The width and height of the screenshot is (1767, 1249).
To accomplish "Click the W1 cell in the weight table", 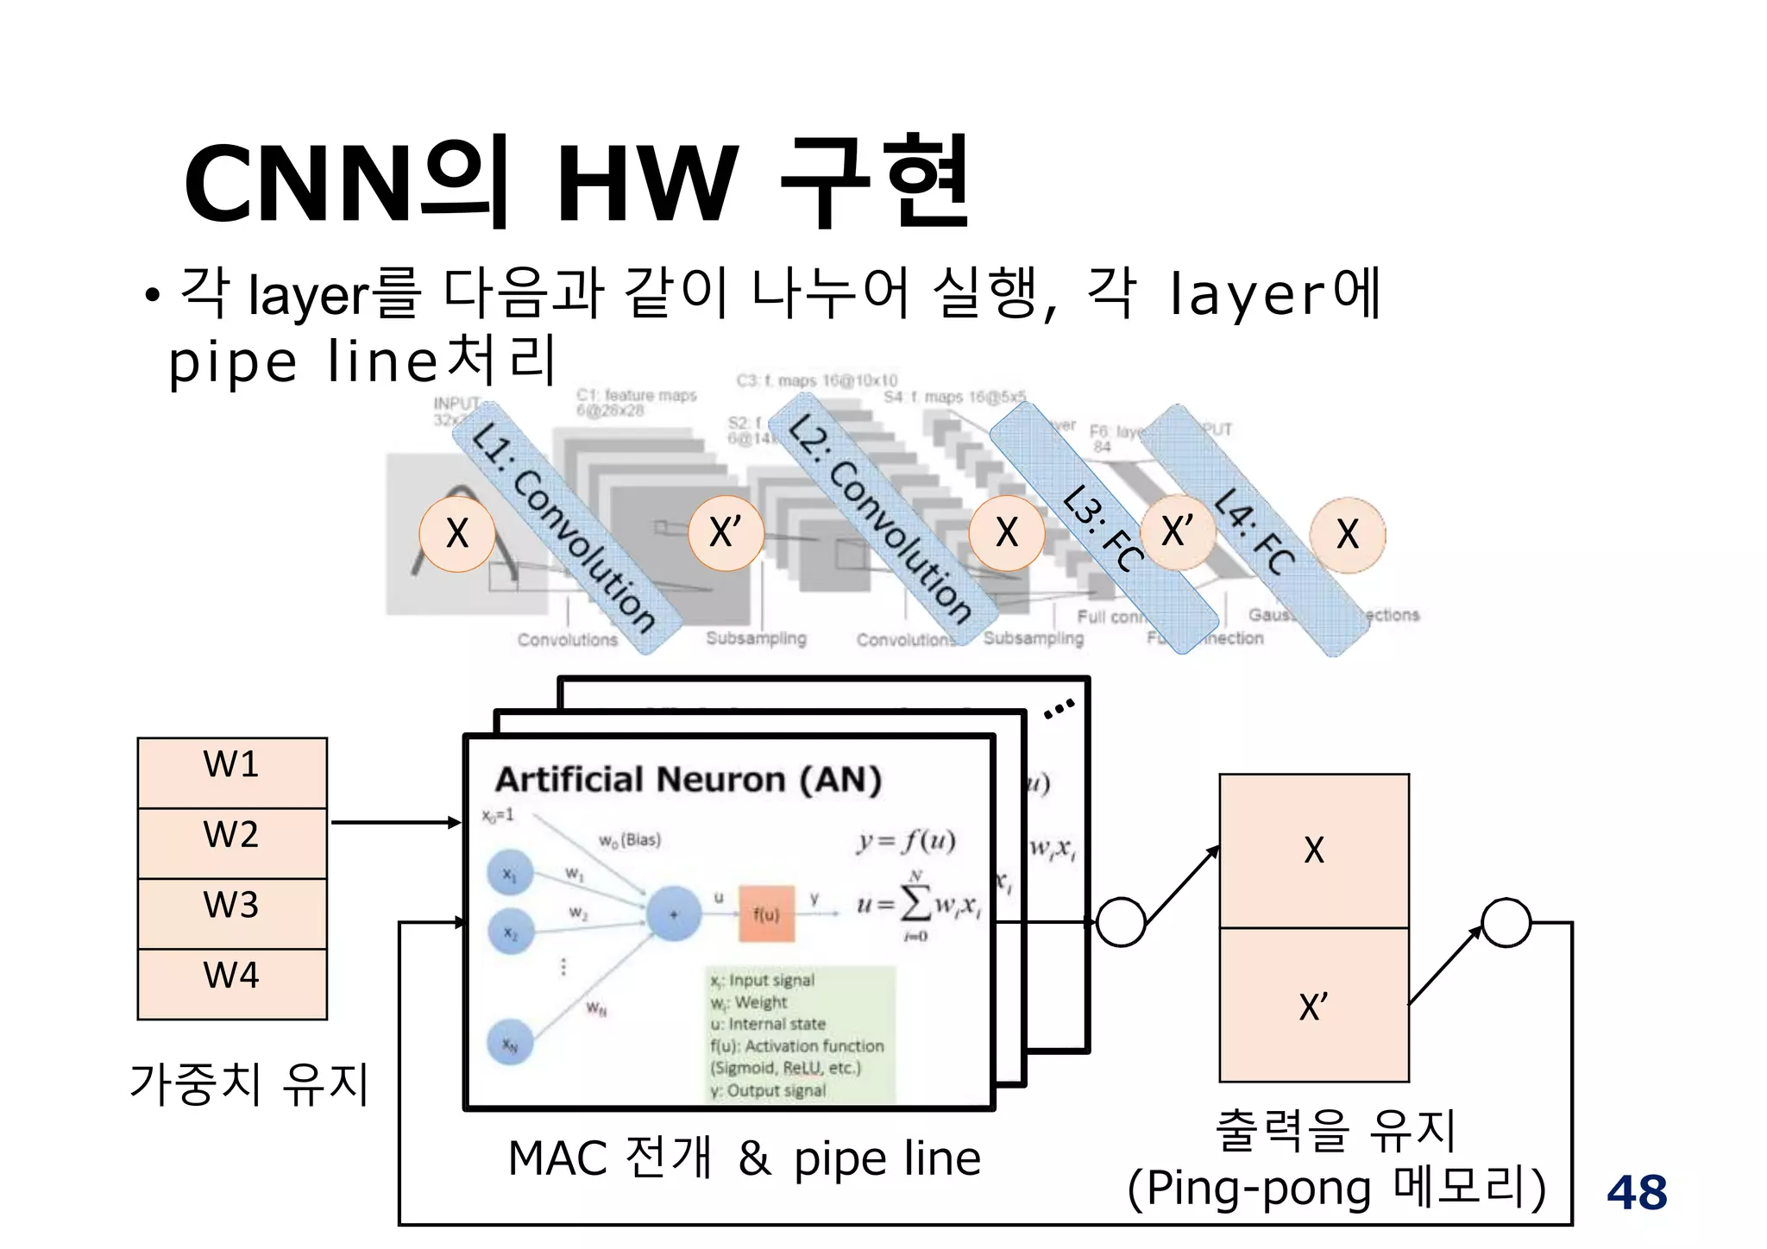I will pyautogui.click(x=232, y=772).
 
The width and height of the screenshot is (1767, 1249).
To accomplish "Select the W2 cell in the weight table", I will pyautogui.click(x=232, y=843).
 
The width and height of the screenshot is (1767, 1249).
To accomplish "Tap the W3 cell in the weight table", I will pyautogui.click(x=232, y=913).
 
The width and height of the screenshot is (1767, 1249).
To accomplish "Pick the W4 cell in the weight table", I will pyautogui.click(x=232, y=984).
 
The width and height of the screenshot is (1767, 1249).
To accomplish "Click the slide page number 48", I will pyautogui.click(x=1637, y=1192).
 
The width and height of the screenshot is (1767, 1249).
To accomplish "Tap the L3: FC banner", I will pyautogui.click(x=1104, y=527).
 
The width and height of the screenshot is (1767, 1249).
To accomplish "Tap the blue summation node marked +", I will pyautogui.click(x=673, y=913).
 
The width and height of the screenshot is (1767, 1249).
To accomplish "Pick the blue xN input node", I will pyautogui.click(x=511, y=1044).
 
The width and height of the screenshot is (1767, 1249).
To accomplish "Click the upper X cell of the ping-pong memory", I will pyautogui.click(x=1313, y=850).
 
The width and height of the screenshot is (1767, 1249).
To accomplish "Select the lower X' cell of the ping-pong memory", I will pyautogui.click(x=1313, y=1006).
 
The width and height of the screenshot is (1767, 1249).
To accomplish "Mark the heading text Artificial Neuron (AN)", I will pyautogui.click(x=688, y=780).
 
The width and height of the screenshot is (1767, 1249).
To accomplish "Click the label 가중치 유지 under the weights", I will pyautogui.click(x=249, y=1083).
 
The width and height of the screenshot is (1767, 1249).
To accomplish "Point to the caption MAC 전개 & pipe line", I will pyautogui.click(x=744, y=1158).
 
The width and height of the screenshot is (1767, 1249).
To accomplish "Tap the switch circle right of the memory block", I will pyautogui.click(x=1506, y=922).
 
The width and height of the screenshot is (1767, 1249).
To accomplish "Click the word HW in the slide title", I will pyautogui.click(x=647, y=184).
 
